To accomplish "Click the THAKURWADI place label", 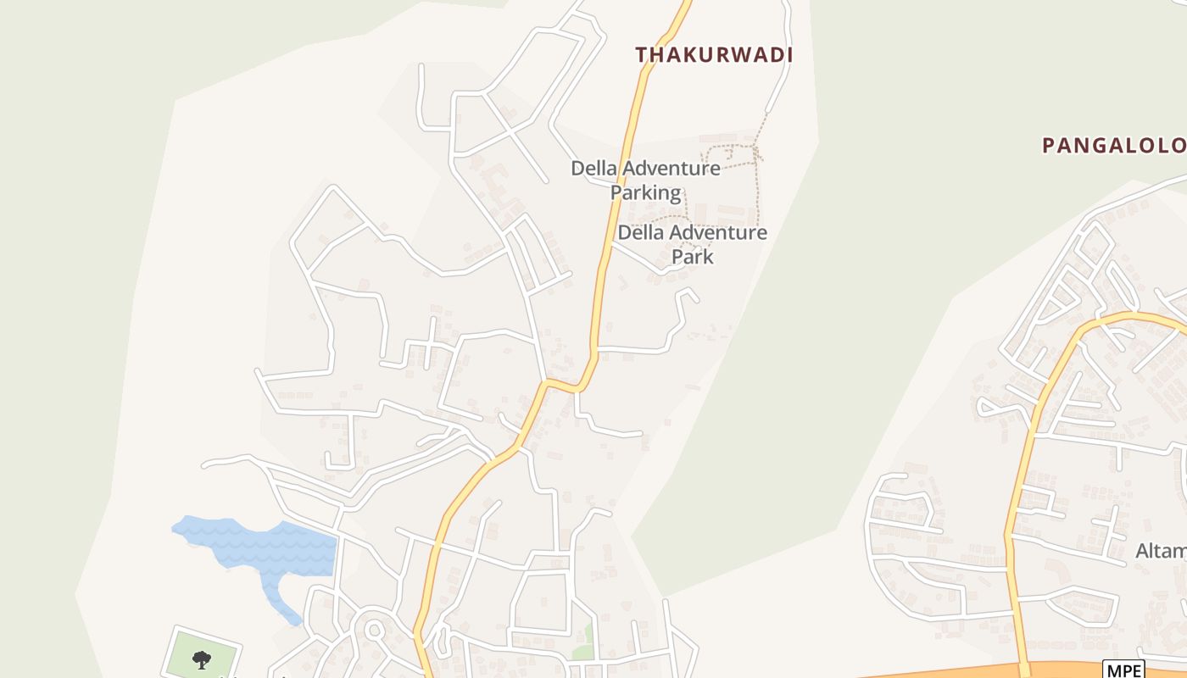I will (x=714, y=55).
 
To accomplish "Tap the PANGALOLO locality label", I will (x=1113, y=146).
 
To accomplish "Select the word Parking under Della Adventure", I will (x=646, y=192).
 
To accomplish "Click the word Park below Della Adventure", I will (x=693, y=256).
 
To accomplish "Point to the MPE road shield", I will (x=1123, y=669).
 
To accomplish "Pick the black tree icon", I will (x=201, y=659).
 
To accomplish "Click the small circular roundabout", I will (x=373, y=630).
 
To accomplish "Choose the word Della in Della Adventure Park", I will (x=637, y=232).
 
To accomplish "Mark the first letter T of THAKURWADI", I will (x=642, y=55).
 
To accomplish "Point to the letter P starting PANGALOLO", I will (x=1048, y=146).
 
